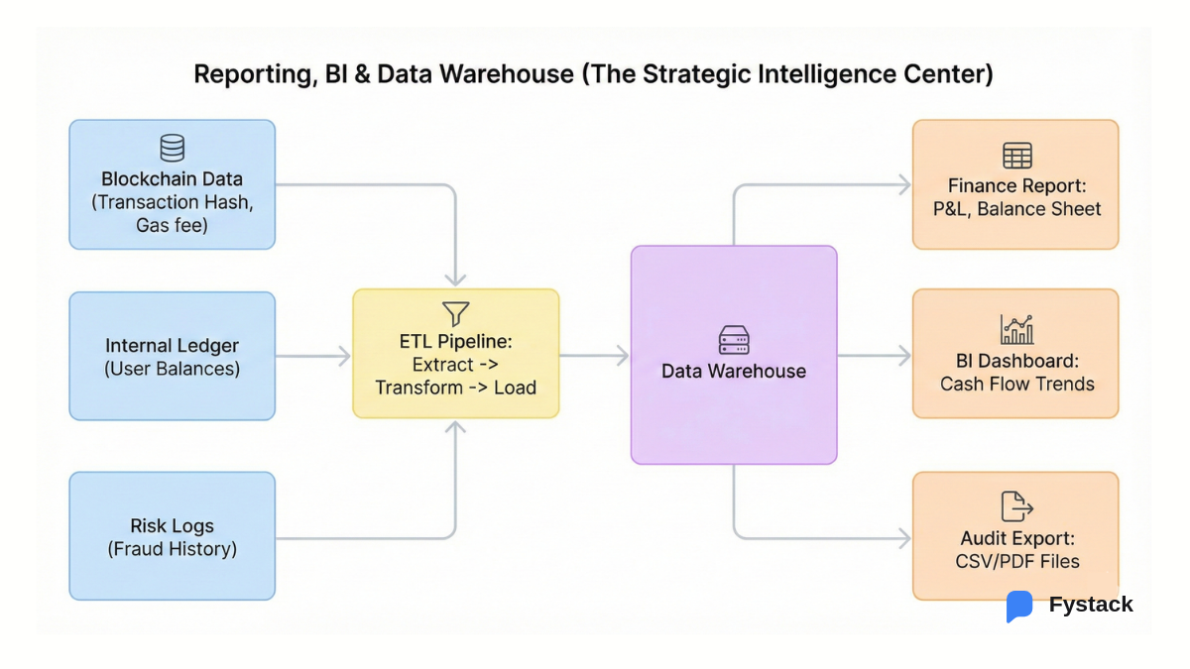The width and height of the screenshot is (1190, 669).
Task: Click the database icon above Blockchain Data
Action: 172,149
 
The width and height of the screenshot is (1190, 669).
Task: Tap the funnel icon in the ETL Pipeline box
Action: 455,314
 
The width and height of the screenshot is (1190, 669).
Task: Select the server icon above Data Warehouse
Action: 734,341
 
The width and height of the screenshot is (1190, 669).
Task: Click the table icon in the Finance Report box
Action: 1016,156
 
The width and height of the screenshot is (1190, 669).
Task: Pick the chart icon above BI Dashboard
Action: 1016,329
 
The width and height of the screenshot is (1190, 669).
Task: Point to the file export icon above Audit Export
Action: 1016,506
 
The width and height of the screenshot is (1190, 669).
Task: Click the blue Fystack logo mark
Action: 1018,606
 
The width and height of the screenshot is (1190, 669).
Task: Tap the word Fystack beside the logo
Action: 1090,605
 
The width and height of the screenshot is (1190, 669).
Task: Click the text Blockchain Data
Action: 172,179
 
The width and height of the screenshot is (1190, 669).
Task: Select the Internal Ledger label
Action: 172,346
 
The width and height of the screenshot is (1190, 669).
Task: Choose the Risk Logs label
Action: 172,526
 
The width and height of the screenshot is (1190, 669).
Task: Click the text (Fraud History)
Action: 172,549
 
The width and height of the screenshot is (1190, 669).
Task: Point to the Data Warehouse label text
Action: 734,372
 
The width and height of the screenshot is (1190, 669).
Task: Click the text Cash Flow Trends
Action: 1016,385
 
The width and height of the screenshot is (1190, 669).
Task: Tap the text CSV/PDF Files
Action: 1016,562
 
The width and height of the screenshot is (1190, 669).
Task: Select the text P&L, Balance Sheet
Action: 1016,209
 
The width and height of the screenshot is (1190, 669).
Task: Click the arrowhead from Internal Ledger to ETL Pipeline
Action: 344,356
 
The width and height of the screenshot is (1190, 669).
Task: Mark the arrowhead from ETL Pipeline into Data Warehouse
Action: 622,356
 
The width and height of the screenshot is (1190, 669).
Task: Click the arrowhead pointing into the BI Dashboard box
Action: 903,356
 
